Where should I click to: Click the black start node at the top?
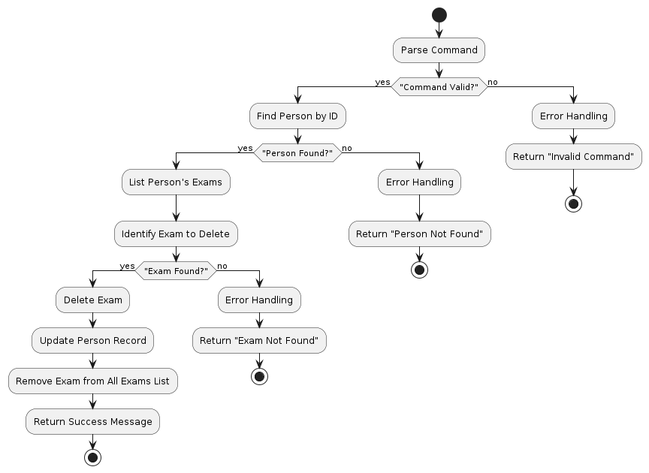pyautogui.click(x=439, y=15)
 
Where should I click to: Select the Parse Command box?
pyautogui.click(x=439, y=50)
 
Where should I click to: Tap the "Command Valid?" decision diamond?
pyautogui.click(x=439, y=87)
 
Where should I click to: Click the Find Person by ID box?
pyautogui.click(x=297, y=116)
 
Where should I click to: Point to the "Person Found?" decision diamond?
pyautogui.click(x=297, y=153)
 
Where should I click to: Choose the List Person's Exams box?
pyautogui.click(x=176, y=182)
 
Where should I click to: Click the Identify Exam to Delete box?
pyautogui.click(x=176, y=233)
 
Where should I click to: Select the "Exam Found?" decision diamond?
pyautogui.click(x=176, y=270)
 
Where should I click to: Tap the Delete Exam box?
pyautogui.click(x=92, y=300)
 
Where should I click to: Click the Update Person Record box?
pyautogui.click(x=92, y=341)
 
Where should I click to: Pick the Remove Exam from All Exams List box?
pyautogui.click(x=92, y=381)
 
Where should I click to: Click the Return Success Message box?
pyautogui.click(x=92, y=422)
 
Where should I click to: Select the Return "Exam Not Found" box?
pyautogui.click(x=259, y=341)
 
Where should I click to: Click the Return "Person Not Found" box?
pyautogui.click(x=419, y=233)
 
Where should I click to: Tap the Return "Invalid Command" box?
pyautogui.click(x=574, y=156)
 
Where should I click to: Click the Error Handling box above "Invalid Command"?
pyautogui.click(x=574, y=116)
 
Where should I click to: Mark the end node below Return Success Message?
pyautogui.click(x=92, y=457)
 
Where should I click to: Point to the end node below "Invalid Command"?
pyautogui.click(x=574, y=203)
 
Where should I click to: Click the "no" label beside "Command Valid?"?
pyautogui.click(x=493, y=81)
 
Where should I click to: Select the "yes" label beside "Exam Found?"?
pyautogui.click(x=127, y=266)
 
